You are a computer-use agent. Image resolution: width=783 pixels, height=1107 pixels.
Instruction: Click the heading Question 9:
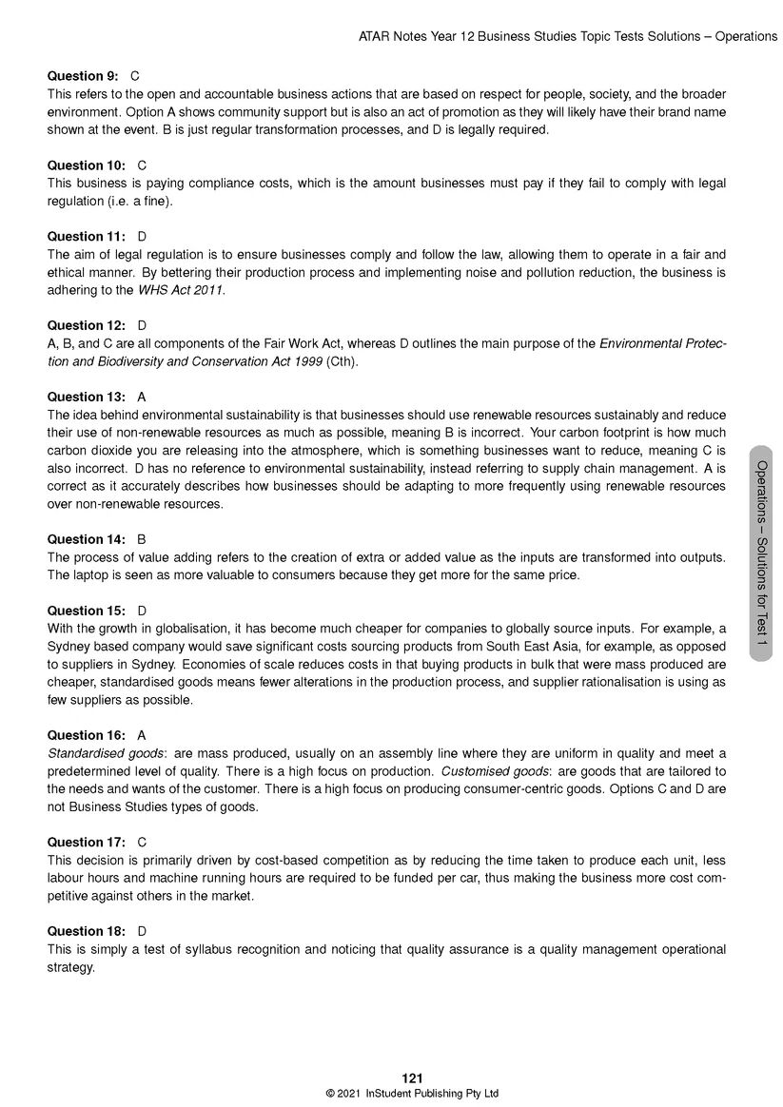coord(82,76)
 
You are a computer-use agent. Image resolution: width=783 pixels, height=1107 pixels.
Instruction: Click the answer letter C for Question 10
coord(142,165)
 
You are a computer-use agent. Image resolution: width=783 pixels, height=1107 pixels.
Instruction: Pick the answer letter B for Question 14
coord(142,539)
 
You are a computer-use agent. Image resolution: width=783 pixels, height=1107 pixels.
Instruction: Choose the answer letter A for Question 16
coord(142,735)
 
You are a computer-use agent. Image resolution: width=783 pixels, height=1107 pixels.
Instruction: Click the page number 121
coord(412,1078)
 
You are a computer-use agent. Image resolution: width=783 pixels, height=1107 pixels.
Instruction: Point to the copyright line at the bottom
coord(412,1094)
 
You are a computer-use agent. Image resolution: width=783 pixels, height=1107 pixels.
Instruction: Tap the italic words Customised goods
coord(486,771)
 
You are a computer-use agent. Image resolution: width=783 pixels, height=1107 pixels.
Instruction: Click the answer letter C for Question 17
coord(142,843)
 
